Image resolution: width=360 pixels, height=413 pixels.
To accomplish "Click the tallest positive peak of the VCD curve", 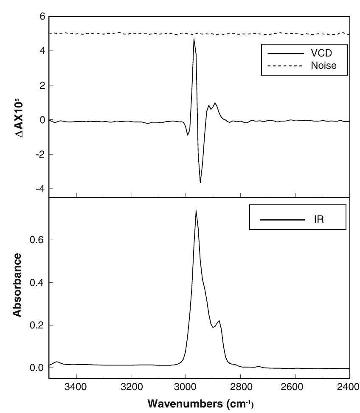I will (194, 39).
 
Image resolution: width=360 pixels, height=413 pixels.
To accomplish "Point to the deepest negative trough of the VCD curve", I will (200, 182).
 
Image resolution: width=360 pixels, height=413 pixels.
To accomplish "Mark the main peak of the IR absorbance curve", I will (196, 211).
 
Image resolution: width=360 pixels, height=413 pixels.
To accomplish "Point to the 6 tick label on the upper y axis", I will (42, 17).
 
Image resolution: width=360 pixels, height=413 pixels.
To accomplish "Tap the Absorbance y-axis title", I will (17, 285).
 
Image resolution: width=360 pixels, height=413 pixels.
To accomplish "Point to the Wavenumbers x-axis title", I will (200, 403).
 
